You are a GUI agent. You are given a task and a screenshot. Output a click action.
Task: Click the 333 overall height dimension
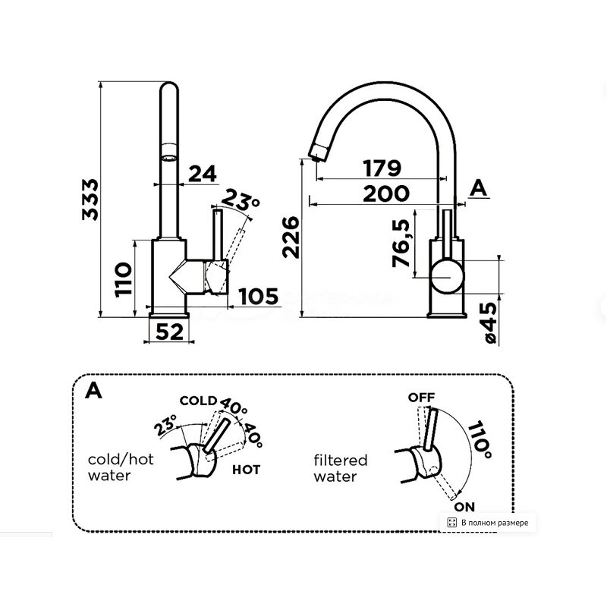91,200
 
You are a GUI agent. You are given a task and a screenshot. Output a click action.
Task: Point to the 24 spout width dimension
201,175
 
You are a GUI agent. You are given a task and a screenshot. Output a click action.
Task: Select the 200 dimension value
385,193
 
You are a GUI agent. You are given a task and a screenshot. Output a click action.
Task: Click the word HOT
246,470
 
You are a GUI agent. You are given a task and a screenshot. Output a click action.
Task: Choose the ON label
464,505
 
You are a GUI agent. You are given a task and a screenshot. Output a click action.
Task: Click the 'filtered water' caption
340,468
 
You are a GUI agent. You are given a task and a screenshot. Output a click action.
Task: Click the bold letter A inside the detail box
94,390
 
